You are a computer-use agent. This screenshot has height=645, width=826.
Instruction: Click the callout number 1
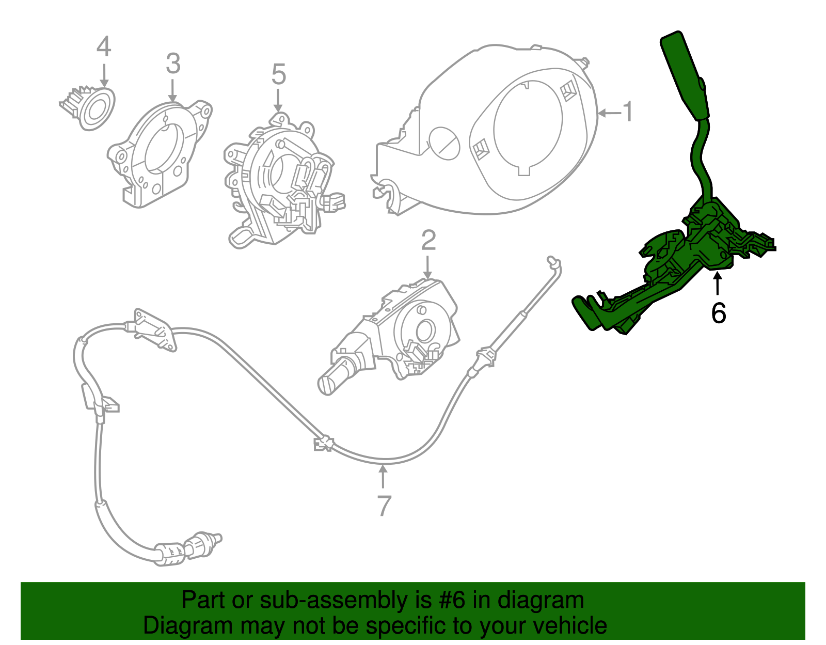(627, 112)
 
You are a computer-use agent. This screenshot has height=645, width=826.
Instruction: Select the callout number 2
(428, 241)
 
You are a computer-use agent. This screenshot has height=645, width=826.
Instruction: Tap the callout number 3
(173, 64)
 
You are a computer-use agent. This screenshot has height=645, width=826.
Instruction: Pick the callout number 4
(104, 46)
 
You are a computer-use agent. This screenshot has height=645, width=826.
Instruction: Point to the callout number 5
(278, 75)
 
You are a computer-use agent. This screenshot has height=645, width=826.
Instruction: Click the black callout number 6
(718, 313)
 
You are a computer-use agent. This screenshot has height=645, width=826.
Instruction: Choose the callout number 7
(383, 506)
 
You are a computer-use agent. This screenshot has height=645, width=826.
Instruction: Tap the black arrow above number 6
(717, 284)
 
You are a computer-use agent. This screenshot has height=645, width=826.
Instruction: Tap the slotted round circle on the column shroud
(444, 143)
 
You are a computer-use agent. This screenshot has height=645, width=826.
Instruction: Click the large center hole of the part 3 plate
(162, 148)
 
